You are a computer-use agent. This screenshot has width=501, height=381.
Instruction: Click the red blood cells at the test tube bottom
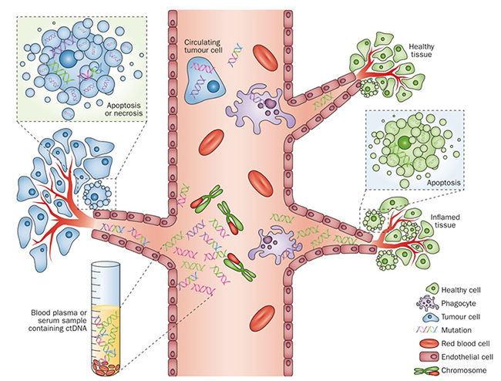coord(108,359)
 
